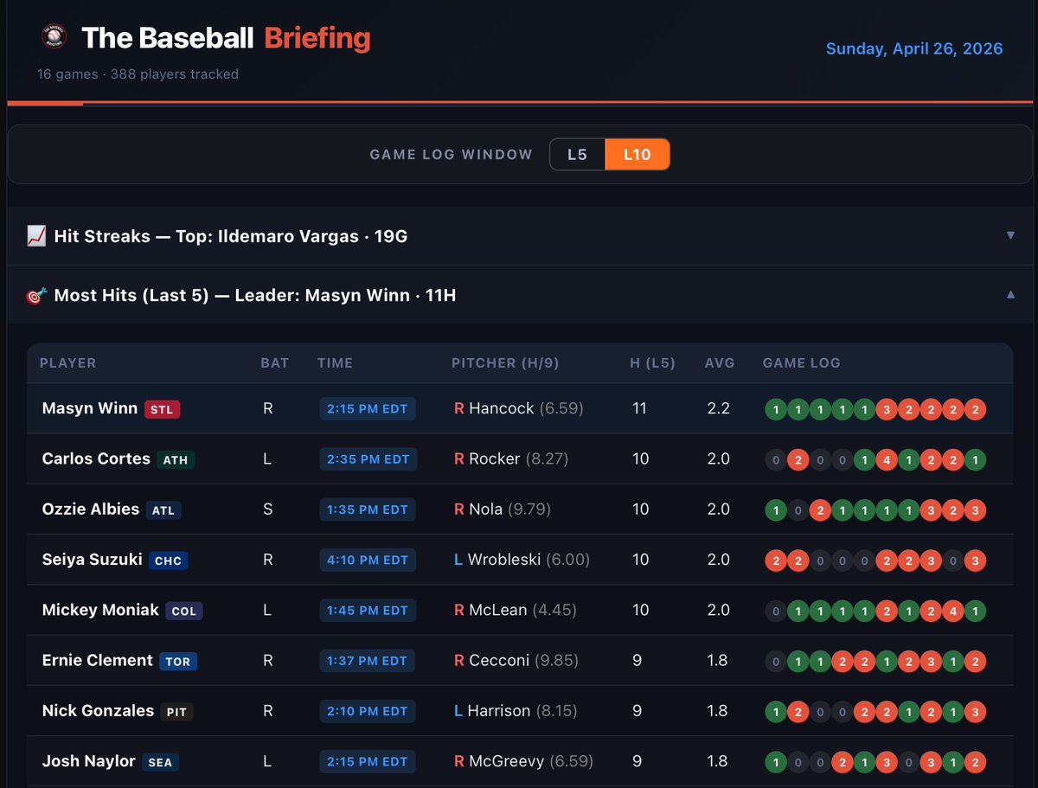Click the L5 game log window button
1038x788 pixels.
pyautogui.click(x=577, y=155)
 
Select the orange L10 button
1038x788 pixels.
pyautogui.click(x=637, y=155)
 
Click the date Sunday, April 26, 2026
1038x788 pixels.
pyautogui.click(x=914, y=48)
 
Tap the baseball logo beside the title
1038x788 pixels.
pyautogui.click(x=54, y=37)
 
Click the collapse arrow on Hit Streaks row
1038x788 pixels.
pyautogui.click(x=1010, y=235)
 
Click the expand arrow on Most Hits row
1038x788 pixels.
pyautogui.click(x=1010, y=295)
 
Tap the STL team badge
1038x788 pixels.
pyautogui.click(x=162, y=409)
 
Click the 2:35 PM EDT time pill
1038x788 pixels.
pyautogui.click(x=368, y=459)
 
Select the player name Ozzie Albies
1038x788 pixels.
pyautogui.click(x=91, y=509)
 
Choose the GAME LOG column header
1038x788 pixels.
pyautogui.click(x=801, y=363)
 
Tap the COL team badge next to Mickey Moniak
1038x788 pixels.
pyautogui.click(x=184, y=611)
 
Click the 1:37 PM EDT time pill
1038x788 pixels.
pyautogui.click(x=368, y=661)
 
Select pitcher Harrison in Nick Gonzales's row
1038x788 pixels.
pyautogui.click(x=499, y=711)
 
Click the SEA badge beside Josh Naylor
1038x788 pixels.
pyautogui.click(x=160, y=762)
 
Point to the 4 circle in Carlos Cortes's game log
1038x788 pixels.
pyautogui.click(x=886, y=460)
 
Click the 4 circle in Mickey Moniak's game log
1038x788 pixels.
pyautogui.click(x=952, y=611)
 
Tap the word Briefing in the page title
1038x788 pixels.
pyautogui.click(x=317, y=38)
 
